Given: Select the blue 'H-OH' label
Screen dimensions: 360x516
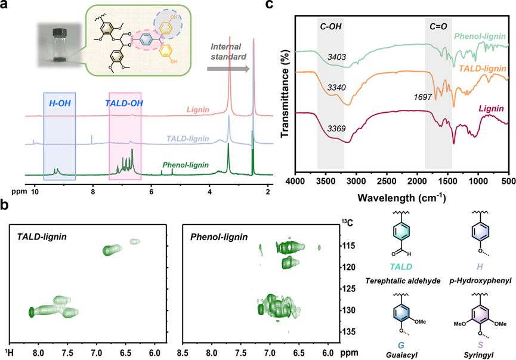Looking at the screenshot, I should click(59, 102).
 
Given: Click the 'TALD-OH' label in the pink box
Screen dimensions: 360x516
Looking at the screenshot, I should click(125, 102).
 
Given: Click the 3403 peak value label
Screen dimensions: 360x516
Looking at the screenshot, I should click(338, 57).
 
